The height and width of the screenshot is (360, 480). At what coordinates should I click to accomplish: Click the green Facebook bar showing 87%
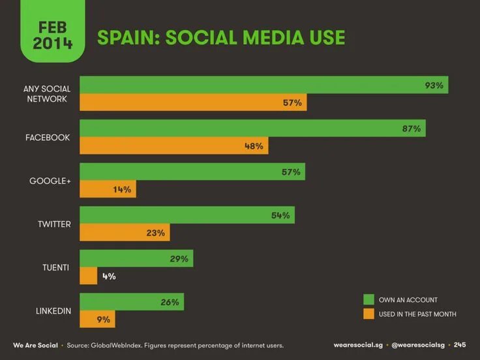click(x=252, y=128)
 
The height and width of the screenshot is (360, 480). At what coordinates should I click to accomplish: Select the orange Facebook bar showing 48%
click(x=173, y=146)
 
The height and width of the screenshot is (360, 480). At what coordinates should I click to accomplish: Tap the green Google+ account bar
click(x=192, y=172)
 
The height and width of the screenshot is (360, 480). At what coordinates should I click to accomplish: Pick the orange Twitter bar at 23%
click(x=124, y=232)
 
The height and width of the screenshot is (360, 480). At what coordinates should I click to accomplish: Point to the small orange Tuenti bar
click(x=89, y=276)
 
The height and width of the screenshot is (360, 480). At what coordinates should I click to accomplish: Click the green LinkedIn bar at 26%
click(x=132, y=302)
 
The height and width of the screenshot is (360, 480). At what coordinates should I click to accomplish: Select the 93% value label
click(x=434, y=85)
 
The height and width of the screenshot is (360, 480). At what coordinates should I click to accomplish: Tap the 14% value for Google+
click(x=122, y=190)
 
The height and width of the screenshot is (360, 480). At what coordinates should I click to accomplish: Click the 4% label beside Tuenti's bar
click(x=108, y=276)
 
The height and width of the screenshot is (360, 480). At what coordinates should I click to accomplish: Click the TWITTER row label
click(x=53, y=224)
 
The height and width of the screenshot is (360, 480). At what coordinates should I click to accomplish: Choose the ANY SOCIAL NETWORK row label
click(x=46, y=94)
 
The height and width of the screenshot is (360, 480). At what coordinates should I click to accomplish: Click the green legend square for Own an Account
click(x=368, y=299)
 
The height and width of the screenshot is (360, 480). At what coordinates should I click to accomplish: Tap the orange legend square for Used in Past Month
click(x=368, y=314)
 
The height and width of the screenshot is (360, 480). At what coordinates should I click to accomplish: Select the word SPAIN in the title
click(x=128, y=38)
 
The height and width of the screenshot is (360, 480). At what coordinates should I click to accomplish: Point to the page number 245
click(x=460, y=345)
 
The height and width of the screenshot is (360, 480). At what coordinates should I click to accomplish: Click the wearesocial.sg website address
click(x=357, y=345)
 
